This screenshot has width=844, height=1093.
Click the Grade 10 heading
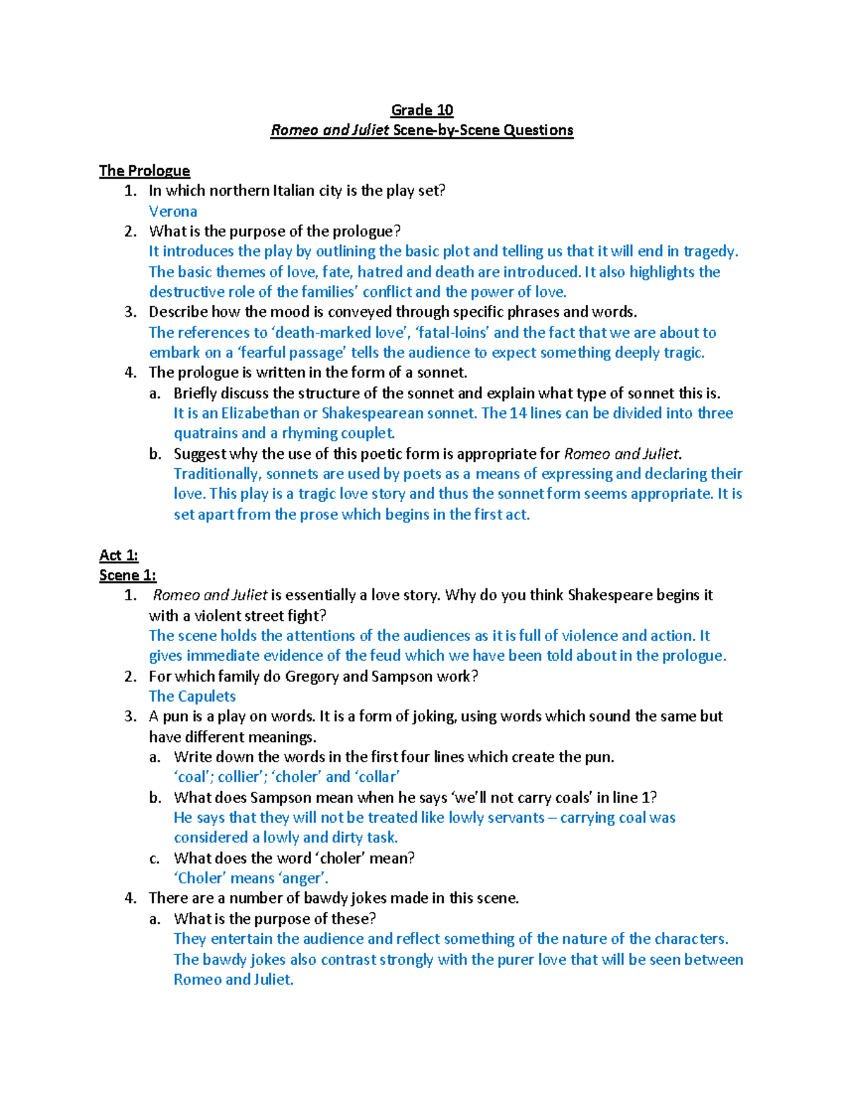tap(422, 110)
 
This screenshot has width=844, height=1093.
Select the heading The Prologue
tap(144, 170)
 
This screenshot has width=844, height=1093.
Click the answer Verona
tap(173, 211)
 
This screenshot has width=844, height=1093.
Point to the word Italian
tap(293, 191)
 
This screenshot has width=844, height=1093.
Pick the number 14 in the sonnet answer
tap(518, 413)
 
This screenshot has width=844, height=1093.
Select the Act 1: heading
tap(119, 555)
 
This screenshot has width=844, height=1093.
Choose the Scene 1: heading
tap(127, 575)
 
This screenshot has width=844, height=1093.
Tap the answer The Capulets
tap(192, 696)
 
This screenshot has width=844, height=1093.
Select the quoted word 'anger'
tap(304, 878)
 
